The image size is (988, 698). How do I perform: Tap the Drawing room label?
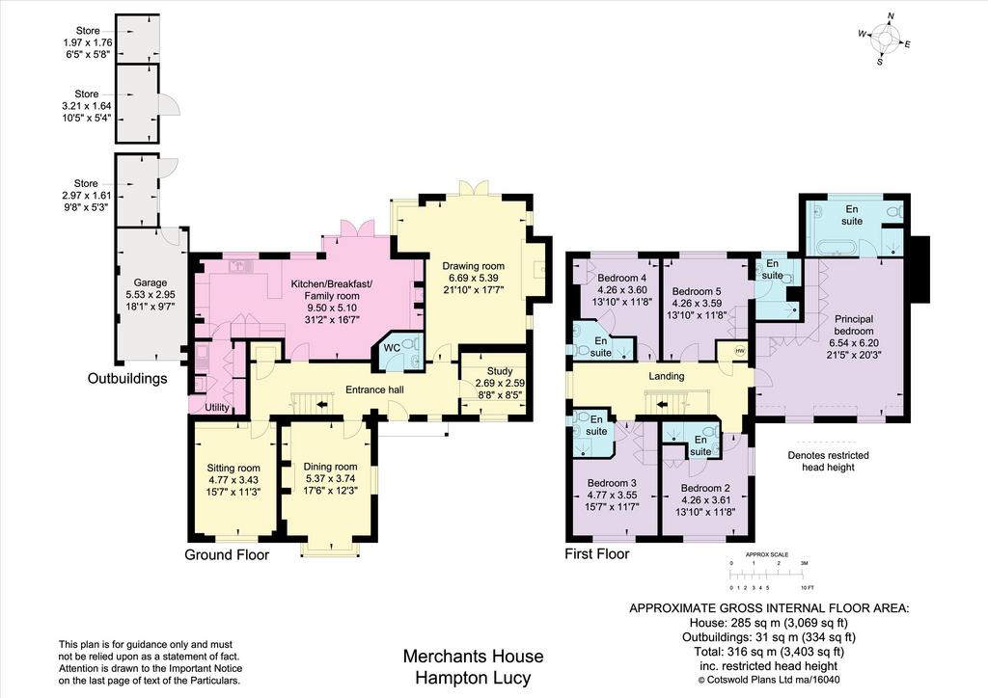pyautogui.click(x=473, y=265)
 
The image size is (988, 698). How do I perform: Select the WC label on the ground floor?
pyautogui.click(x=392, y=347)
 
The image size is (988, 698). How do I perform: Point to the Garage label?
pyautogui.click(x=150, y=282)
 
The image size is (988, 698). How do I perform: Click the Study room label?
pyautogui.click(x=500, y=371)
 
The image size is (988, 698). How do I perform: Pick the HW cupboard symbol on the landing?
pyautogui.click(x=740, y=351)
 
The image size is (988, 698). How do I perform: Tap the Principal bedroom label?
pyautogui.click(x=854, y=325)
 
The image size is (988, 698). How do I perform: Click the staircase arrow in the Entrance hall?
pyautogui.click(x=321, y=405)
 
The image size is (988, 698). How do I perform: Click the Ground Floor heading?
pyautogui.click(x=227, y=554)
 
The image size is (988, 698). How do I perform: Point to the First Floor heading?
pyautogui.click(x=596, y=553)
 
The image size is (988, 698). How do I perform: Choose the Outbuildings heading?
pyautogui.click(x=127, y=378)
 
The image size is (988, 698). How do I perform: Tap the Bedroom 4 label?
pyautogui.click(x=622, y=278)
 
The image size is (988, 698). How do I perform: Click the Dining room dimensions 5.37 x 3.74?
pyautogui.click(x=330, y=478)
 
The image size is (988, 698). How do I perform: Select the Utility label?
pyautogui.click(x=217, y=408)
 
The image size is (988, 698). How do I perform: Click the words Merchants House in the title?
pyautogui.click(x=473, y=657)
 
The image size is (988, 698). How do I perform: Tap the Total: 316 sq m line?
pyautogui.click(x=769, y=652)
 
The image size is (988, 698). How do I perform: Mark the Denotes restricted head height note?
pyautogui.click(x=828, y=462)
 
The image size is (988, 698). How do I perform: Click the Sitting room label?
pyautogui.click(x=233, y=468)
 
